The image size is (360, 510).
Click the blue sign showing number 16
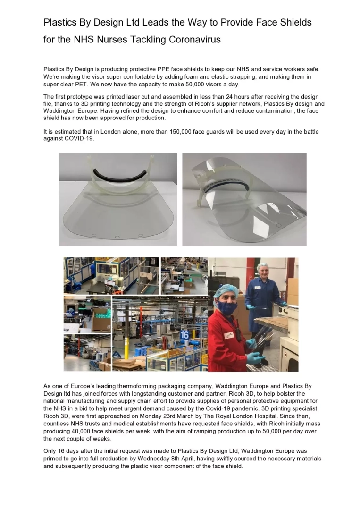184,334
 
